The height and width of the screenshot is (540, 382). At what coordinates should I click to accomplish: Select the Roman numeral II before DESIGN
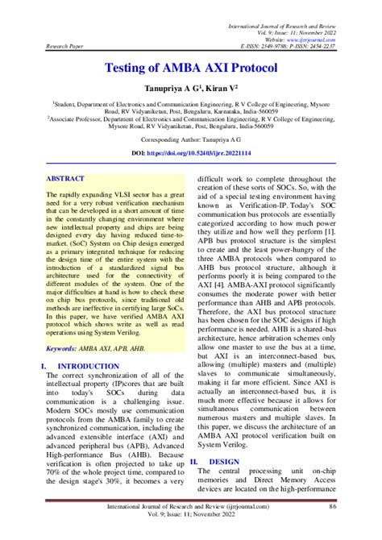193,462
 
